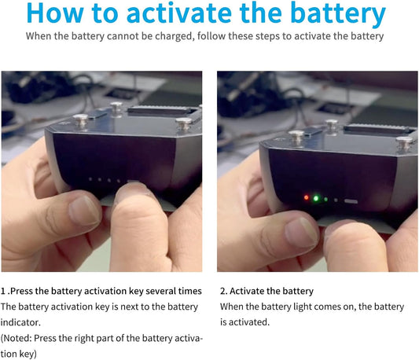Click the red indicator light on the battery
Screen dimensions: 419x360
(x=307, y=198)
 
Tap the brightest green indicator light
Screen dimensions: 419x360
(x=316, y=198)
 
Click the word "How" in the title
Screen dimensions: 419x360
(x=55, y=13)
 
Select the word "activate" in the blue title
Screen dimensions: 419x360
(x=179, y=13)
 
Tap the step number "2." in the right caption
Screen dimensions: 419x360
(x=224, y=291)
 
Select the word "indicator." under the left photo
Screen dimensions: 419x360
(x=20, y=322)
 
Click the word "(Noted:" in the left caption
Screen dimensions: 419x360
(x=17, y=338)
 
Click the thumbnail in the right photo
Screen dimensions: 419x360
(x=301, y=230)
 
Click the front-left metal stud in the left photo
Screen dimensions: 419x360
(x=80, y=121)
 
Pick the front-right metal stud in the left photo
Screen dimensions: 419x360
(x=184, y=123)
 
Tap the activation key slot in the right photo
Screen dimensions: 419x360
(x=351, y=201)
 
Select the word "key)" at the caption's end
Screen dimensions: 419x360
(x=28, y=354)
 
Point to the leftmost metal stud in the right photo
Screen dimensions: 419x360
(x=296, y=137)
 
